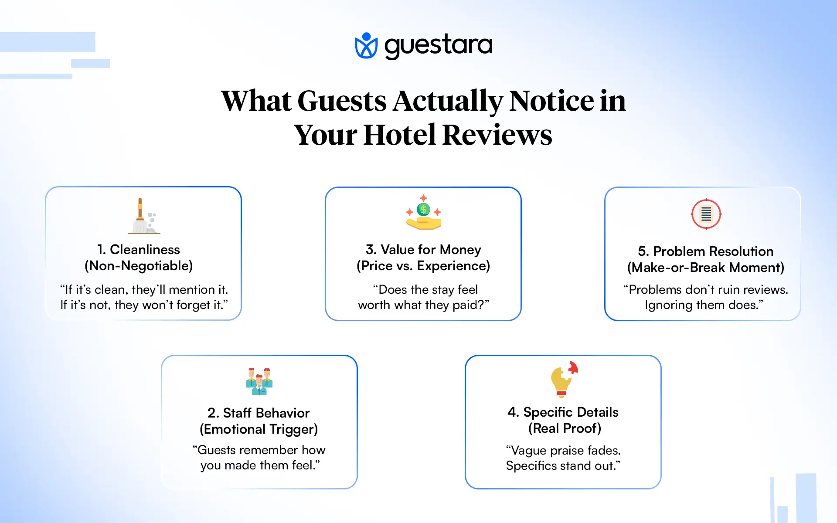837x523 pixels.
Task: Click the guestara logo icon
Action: (366, 45)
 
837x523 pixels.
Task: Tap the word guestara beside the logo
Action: (438, 45)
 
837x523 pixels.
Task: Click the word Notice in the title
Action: (551, 101)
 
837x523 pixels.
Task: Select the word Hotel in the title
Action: (399, 135)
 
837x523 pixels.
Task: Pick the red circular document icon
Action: (706, 214)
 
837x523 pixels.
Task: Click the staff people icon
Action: (259, 381)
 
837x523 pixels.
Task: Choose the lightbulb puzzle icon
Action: (564, 380)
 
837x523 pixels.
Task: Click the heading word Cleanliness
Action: (145, 249)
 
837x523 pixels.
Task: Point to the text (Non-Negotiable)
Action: (139, 266)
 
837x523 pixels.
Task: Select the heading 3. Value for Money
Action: (423, 249)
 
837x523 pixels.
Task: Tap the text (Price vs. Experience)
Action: (423, 266)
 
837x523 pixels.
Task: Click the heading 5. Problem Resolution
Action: (705, 251)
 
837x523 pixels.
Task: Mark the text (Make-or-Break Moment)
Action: (705, 268)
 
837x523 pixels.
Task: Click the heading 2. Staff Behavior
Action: (259, 413)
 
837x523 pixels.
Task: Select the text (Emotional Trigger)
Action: (259, 429)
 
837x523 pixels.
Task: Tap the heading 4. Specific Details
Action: (563, 412)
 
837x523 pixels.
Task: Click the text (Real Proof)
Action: (565, 428)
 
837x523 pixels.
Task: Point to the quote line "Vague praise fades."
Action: (563, 450)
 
